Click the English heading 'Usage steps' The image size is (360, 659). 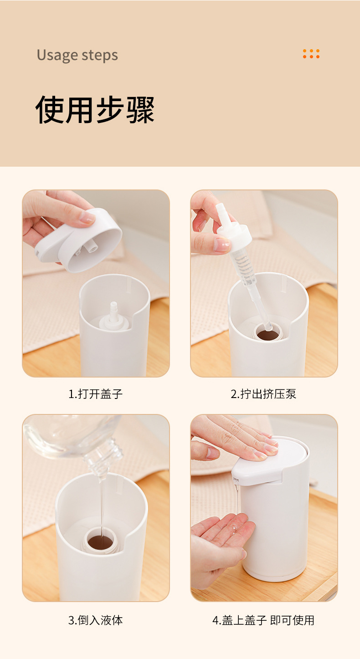77,55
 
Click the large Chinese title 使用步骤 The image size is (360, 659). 95,109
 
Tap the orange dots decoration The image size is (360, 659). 311,54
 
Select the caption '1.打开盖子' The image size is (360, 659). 95,393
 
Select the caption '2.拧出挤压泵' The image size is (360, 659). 263,393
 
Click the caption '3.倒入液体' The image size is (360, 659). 95,620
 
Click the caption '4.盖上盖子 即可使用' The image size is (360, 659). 263,620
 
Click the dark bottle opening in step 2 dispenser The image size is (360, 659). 267,334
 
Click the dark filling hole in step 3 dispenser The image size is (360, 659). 100,542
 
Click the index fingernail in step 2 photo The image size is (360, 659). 221,245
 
